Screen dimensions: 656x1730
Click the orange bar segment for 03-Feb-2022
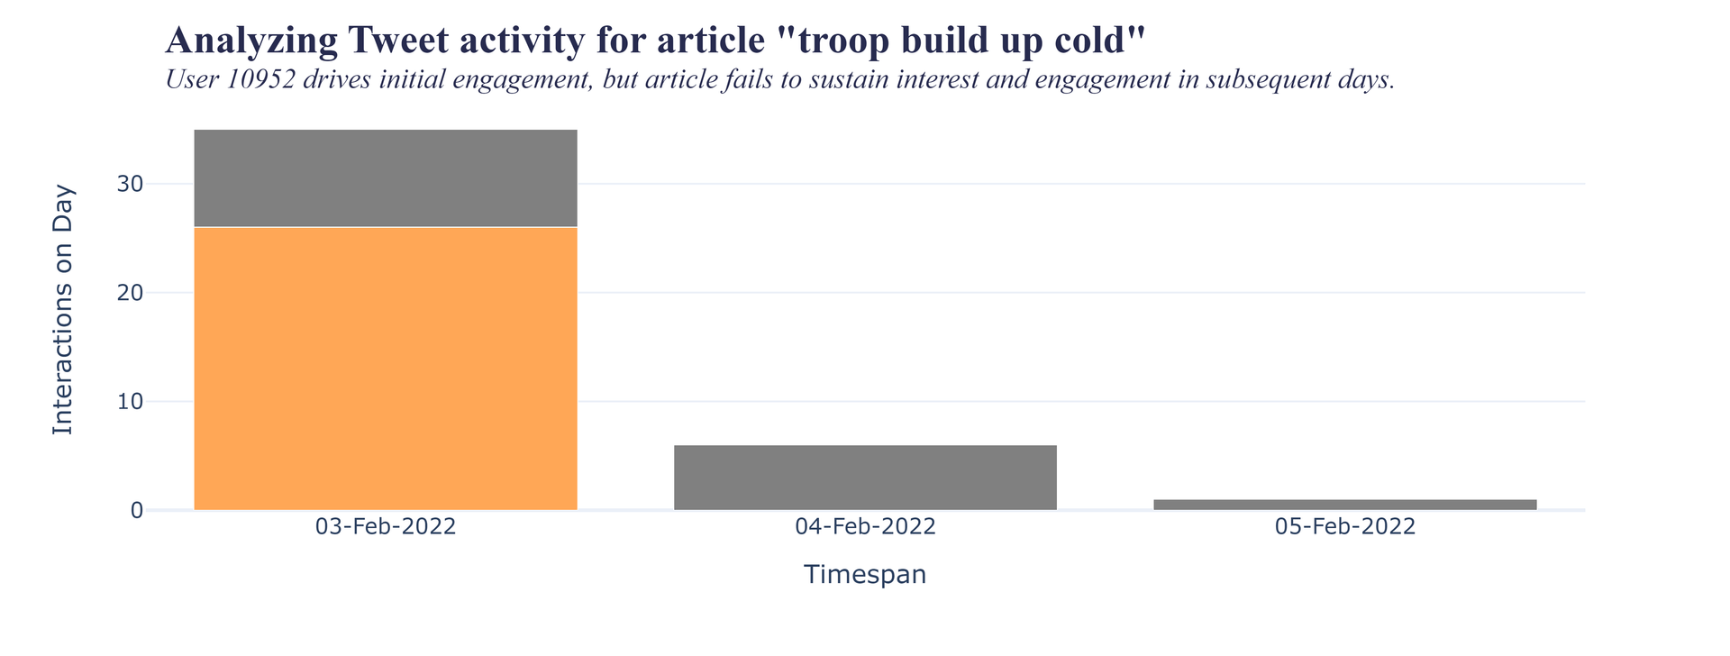point(386,369)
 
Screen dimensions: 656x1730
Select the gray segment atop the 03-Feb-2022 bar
point(386,178)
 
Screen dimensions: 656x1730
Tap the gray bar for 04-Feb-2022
point(865,478)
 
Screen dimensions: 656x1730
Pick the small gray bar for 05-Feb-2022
point(1344,505)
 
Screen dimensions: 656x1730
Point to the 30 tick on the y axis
point(130,185)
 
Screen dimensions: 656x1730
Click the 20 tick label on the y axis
point(130,294)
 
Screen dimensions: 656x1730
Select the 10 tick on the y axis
point(130,402)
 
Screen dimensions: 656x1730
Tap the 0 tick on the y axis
point(137,511)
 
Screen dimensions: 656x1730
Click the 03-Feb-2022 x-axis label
point(386,528)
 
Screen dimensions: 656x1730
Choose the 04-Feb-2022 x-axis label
point(865,528)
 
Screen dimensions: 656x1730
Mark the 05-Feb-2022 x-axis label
point(1344,528)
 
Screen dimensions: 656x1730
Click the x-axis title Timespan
point(865,575)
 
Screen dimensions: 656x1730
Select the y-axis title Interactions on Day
point(63,309)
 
